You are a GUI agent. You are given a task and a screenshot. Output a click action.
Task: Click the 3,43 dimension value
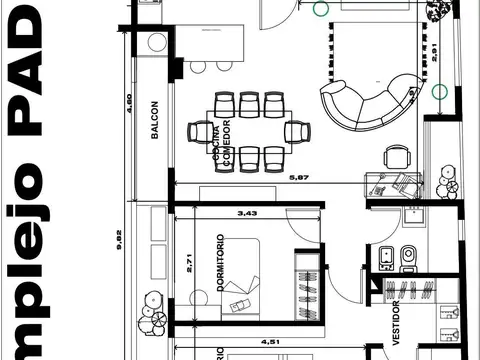coord(245,212)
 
